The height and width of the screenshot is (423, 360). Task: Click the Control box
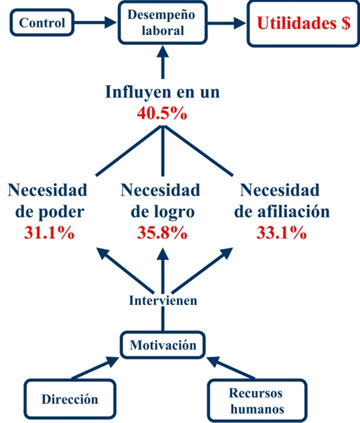coord(42,22)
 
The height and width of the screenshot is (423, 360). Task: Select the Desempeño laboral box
coord(163,22)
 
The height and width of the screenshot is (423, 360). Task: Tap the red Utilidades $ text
coord(303,23)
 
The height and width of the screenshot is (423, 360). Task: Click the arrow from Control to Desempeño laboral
coord(95,22)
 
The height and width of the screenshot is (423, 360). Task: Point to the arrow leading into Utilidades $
coord(227,23)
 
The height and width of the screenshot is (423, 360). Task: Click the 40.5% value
coord(162,113)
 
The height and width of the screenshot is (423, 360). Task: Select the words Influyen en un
coord(163,92)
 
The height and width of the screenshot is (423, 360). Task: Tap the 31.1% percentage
coord(49,232)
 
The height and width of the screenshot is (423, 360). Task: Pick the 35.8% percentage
coord(162,232)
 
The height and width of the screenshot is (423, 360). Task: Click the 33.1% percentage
coord(281,232)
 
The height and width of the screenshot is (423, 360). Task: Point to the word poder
coord(61,213)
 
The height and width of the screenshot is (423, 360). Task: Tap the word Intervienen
coord(163,301)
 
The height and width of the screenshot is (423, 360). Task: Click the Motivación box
coord(163,345)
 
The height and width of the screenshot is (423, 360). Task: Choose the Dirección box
coord(70,399)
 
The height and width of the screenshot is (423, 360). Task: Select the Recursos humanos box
coord(257,400)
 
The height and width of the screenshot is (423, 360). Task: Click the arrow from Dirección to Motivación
coord(95,368)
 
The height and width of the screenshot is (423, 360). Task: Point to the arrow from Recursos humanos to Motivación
coord(230,367)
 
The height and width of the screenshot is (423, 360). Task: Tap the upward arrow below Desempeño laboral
coord(163,62)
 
